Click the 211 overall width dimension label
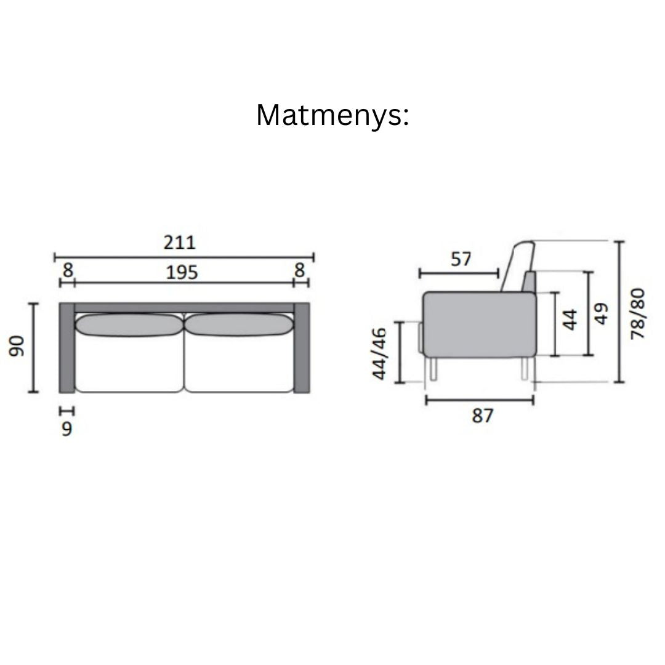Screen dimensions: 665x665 pyautogui.click(x=180, y=243)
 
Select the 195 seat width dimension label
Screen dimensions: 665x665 pyautogui.click(x=182, y=272)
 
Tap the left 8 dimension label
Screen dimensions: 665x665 pyautogui.click(x=68, y=270)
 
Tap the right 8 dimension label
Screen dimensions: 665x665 pyautogui.click(x=299, y=270)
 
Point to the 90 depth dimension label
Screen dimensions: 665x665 pyautogui.click(x=17, y=346)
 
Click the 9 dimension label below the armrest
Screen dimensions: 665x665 pyautogui.click(x=67, y=429)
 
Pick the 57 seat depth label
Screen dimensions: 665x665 pyautogui.click(x=461, y=259)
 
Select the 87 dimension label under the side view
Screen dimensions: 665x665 pyautogui.click(x=483, y=416)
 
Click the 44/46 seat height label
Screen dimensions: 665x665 pyautogui.click(x=379, y=353)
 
